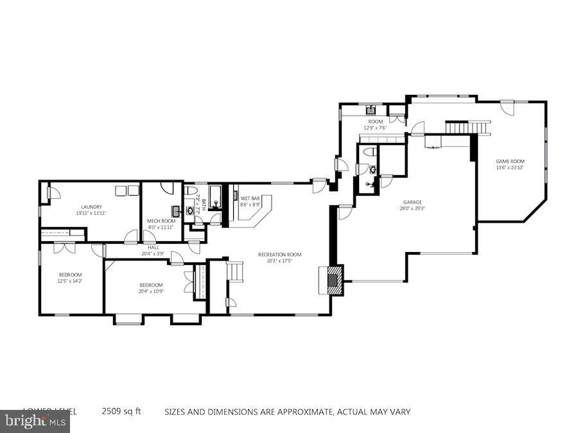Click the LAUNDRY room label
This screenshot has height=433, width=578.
[x=91, y=207]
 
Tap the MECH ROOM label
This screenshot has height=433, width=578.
[x=161, y=221]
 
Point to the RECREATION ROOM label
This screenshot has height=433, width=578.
[x=279, y=255]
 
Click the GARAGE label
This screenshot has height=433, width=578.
[x=412, y=202]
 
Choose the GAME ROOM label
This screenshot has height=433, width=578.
[x=510, y=161]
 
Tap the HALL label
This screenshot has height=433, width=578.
[x=153, y=247]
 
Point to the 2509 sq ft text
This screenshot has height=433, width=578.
[x=121, y=411]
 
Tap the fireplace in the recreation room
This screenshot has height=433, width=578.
[x=333, y=280]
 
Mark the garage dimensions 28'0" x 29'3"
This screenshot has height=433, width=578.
[x=412, y=208]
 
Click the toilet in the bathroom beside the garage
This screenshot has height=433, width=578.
[x=369, y=152]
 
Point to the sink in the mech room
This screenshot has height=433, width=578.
[x=176, y=211]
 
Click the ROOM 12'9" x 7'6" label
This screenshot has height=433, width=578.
[x=375, y=124]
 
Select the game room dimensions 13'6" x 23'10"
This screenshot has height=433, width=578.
[x=510, y=167]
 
